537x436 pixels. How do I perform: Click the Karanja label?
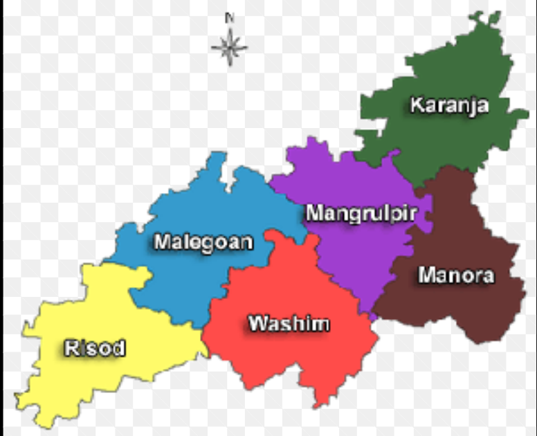[448, 105]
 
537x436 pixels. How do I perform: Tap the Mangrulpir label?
[361, 212]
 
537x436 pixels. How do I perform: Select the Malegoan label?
[203, 242]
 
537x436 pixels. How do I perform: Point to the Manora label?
[456, 275]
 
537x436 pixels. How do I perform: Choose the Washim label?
[289, 323]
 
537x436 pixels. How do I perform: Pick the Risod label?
[95, 347]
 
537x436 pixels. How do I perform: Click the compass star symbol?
[229, 47]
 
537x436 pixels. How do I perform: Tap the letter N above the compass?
[230, 17]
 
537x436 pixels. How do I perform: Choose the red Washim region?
[291, 360]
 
